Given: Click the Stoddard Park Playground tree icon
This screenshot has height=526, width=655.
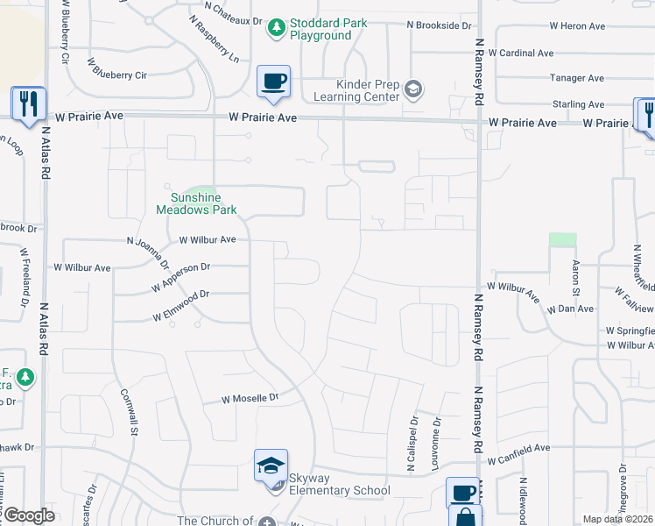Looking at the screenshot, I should point(277,29).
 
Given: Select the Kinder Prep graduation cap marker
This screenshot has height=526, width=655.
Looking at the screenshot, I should point(414,89).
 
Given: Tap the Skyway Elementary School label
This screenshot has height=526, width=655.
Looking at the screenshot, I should point(335,490).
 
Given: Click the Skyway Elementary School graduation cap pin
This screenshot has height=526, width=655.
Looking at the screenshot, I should point(271,466).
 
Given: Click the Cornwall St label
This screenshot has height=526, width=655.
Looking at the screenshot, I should point(129,411).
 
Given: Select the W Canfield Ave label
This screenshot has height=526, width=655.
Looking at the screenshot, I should point(518,448).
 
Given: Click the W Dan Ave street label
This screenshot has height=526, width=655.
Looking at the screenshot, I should point(570,309).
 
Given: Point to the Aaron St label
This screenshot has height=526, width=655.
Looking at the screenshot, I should point(575,277).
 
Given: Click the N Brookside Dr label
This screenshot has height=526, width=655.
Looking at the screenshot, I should point(439,26).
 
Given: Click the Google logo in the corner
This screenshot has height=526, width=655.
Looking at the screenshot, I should point(29,515).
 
